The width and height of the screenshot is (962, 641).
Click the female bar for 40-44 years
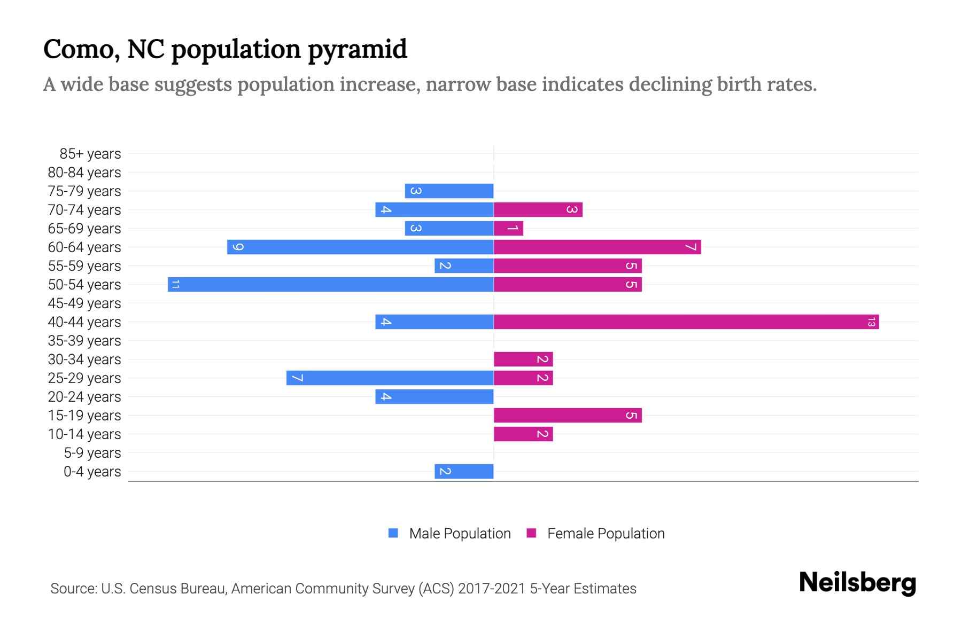tap(686, 322)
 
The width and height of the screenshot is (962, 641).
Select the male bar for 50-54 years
tap(330, 285)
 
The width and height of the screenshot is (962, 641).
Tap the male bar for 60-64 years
tap(360, 247)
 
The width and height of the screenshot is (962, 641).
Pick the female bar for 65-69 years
tap(508, 229)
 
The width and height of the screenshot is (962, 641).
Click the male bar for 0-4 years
tap(464, 472)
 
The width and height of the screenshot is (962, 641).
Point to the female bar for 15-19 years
tap(568, 416)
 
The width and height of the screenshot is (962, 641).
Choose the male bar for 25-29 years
tap(390, 378)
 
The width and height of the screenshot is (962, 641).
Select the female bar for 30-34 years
tap(523, 359)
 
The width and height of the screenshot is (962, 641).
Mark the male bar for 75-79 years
tap(449, 191)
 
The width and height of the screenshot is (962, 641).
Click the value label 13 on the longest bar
tap(871, 322)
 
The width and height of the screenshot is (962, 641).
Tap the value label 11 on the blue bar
tap(175, 285)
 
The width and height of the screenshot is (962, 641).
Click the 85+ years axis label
tap(90, 154)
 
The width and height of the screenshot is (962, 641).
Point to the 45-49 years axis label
tap(84, 303)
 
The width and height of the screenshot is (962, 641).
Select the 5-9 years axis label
tap(92, 453)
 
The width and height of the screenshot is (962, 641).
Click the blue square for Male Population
tap(393, 533)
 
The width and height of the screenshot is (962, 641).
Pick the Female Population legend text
tap(606, 533)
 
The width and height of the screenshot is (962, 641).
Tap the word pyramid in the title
tap(358, 50)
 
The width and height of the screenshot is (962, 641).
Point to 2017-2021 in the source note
tap(492, 589)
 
